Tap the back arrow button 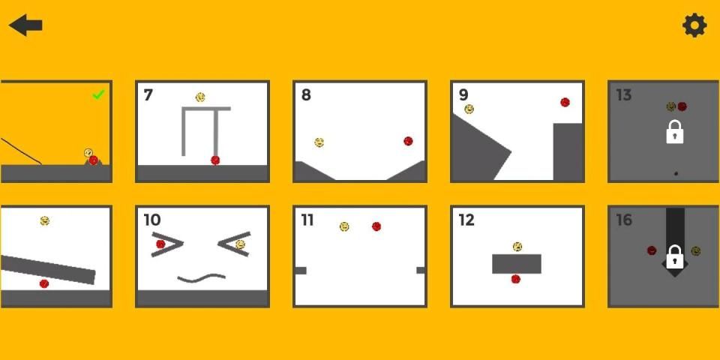[25, 25]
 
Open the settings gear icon [694, 25]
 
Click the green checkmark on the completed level [98, 94]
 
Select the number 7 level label [148, 95]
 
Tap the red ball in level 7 [215, 160]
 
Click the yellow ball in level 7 [200, 97]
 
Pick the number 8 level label [306, 95]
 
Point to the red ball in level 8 [408, 141]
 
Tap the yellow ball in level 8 [319, 142]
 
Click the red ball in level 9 [565, 103]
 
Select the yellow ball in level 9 [469, 109]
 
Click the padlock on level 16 [674, 256]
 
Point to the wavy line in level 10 [201, 277]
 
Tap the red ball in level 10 [160, 244]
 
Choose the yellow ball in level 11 [344, 226]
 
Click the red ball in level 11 [376, 226]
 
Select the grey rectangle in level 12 [517, 264]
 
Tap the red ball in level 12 [516, 279]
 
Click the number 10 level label [152, 220]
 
